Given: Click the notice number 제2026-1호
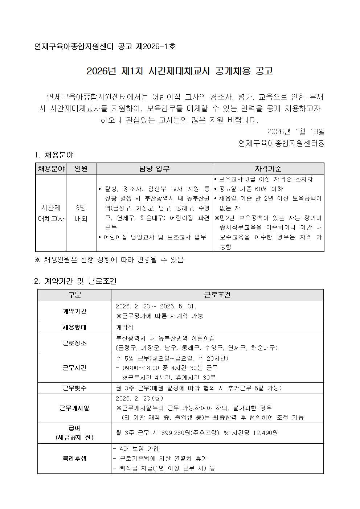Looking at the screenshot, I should coord(156,46).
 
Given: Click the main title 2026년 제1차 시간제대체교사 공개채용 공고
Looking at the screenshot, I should coord(180,71).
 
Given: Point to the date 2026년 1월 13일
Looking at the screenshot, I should coord(296,131).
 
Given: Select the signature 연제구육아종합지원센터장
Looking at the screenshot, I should coord(282,143).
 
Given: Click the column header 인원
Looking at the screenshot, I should coord(81,169).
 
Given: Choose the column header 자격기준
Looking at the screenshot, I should coord(268,169).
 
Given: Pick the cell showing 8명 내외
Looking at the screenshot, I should coord(81,213).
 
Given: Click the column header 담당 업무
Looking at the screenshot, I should coord(154,169).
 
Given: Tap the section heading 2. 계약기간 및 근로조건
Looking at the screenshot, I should coord(75,281).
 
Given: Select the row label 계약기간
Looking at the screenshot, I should coord(74,311).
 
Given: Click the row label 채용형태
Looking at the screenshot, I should coord(74,327).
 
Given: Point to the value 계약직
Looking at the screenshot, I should coord(124,327).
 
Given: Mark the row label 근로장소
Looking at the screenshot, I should coord(74,343).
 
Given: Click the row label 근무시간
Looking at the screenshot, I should coord(74,368).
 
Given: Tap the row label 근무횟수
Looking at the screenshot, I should coord(74,388).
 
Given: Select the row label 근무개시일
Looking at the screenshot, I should coord(74,408).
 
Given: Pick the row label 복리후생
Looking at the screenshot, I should coord(74,459).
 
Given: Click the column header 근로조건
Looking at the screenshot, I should coord(217,295).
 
